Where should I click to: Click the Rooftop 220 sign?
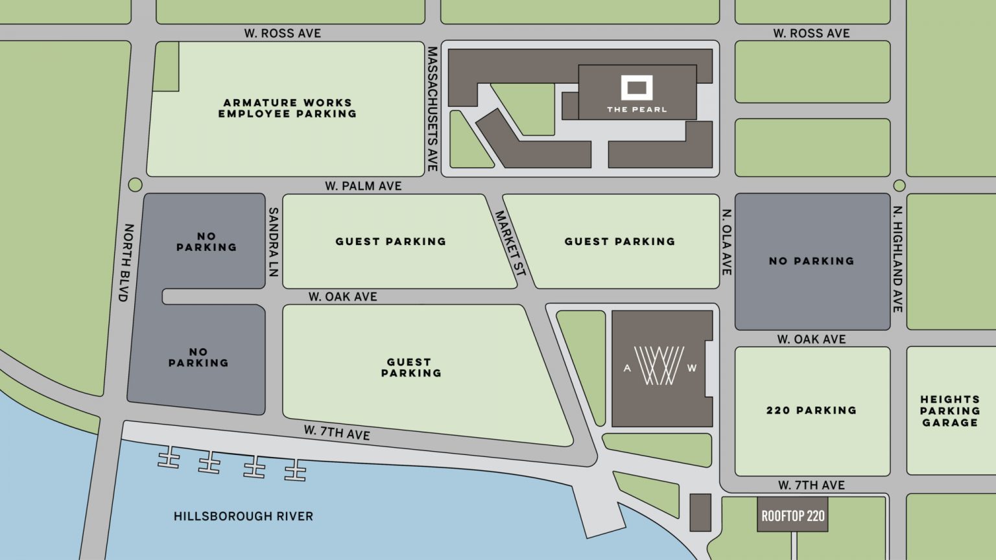click(792, 516)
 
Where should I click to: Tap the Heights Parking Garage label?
click(949, 411)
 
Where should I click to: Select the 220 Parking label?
click(811, 410)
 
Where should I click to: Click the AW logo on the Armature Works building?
click(659, 366)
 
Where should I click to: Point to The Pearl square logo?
click(636, 88)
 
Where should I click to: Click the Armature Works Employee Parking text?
click(287, 108)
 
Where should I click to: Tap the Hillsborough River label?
click(243, 517)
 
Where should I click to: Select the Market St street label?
click(510, 243)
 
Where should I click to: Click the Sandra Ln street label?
click(274, 242)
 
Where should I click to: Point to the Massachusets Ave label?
click(432, 108)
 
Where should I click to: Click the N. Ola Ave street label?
click(727, 242)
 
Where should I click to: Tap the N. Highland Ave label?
click(898, 259)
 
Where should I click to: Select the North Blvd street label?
click(126, 262)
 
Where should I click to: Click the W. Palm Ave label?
click(363, 186)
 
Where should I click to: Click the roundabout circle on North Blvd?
click(135, 185)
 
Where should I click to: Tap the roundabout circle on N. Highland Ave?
click(899, 185)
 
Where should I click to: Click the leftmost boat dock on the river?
click(169, 458)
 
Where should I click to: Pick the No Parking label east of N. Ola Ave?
click(811, 261)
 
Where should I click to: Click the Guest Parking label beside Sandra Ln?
click(390, 242)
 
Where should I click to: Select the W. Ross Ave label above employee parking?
click(282, 33)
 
